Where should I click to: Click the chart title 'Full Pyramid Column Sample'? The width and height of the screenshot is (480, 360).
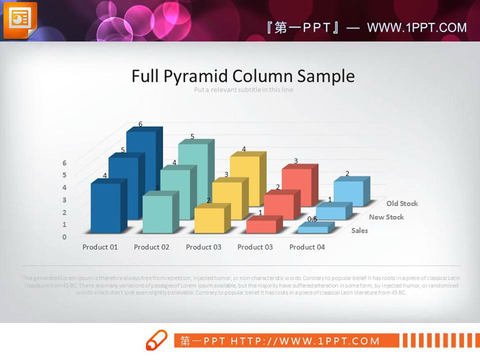(x=243, y=76)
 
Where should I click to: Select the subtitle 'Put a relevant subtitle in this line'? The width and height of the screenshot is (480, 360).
(x=243, y=90)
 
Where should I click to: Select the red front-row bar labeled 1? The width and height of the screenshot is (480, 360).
(x=261, y=225)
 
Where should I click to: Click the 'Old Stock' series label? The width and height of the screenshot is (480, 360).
(x=402, y=204)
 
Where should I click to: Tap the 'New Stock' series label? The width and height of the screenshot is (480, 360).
(x=386, y=217)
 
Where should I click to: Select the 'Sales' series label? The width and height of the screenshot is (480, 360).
(x=359, y=230)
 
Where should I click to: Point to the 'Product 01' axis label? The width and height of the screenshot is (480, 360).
(x=100, y=247)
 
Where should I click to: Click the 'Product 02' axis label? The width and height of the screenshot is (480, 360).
(x=152, y=247)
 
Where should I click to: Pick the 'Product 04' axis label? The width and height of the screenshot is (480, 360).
(x=307, y=247)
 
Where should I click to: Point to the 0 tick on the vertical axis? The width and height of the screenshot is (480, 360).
(x=64, y=237)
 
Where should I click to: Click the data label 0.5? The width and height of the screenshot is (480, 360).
(x=312, y=219)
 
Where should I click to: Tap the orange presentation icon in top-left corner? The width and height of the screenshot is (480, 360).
(x=19, y=19)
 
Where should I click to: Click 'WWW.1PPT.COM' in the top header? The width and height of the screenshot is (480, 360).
(x=416, y=28)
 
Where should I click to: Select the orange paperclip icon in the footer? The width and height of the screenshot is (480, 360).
(x=156, y=339)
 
